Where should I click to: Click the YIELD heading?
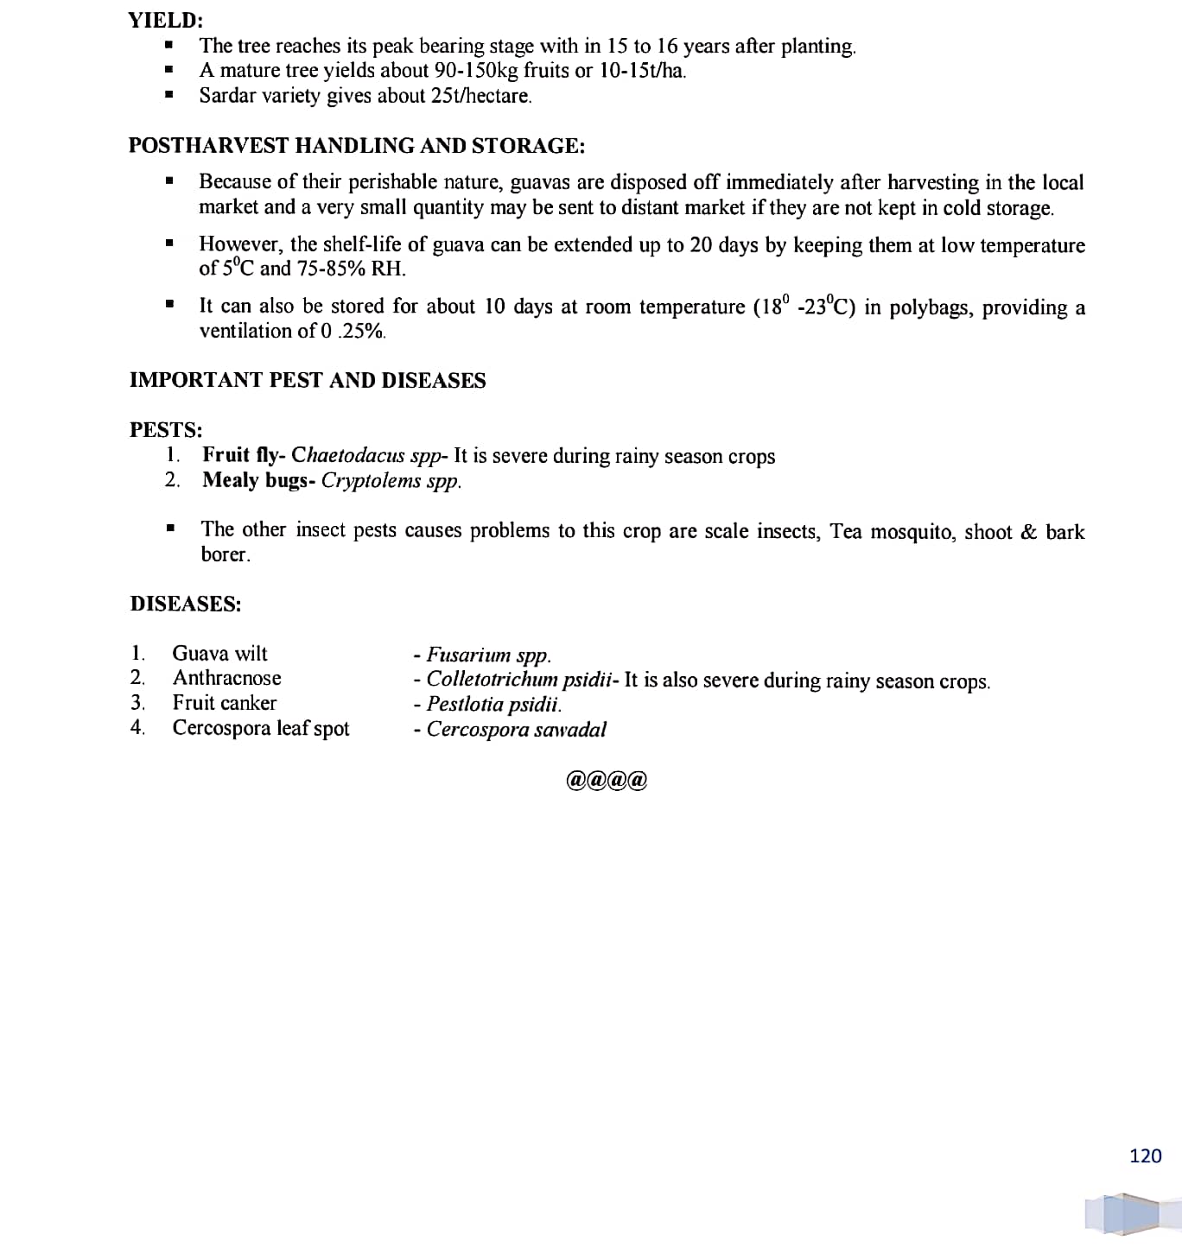click(x=165, y=20)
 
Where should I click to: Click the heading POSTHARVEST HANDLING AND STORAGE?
click(x=357, y=146)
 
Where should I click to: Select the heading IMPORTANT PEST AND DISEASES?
click(x=308, y=381)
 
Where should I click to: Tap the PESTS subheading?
click(x=166, y=430)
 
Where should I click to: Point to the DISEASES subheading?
click(x=186, y=604)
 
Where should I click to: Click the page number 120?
click(x=1145, y=1155)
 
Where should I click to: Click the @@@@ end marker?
click(x=607, y=781)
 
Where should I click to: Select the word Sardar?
click(x=226, y=96)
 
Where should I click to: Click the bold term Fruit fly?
click(x=239, y=455)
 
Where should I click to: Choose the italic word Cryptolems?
click(x=371, y=481)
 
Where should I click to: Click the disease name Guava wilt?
click(x=219, y=654)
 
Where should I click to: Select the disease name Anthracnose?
click(x=226, y=678)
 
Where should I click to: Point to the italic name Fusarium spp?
click(x=488, y=655)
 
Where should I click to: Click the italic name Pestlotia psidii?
click(x=493, y=705)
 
